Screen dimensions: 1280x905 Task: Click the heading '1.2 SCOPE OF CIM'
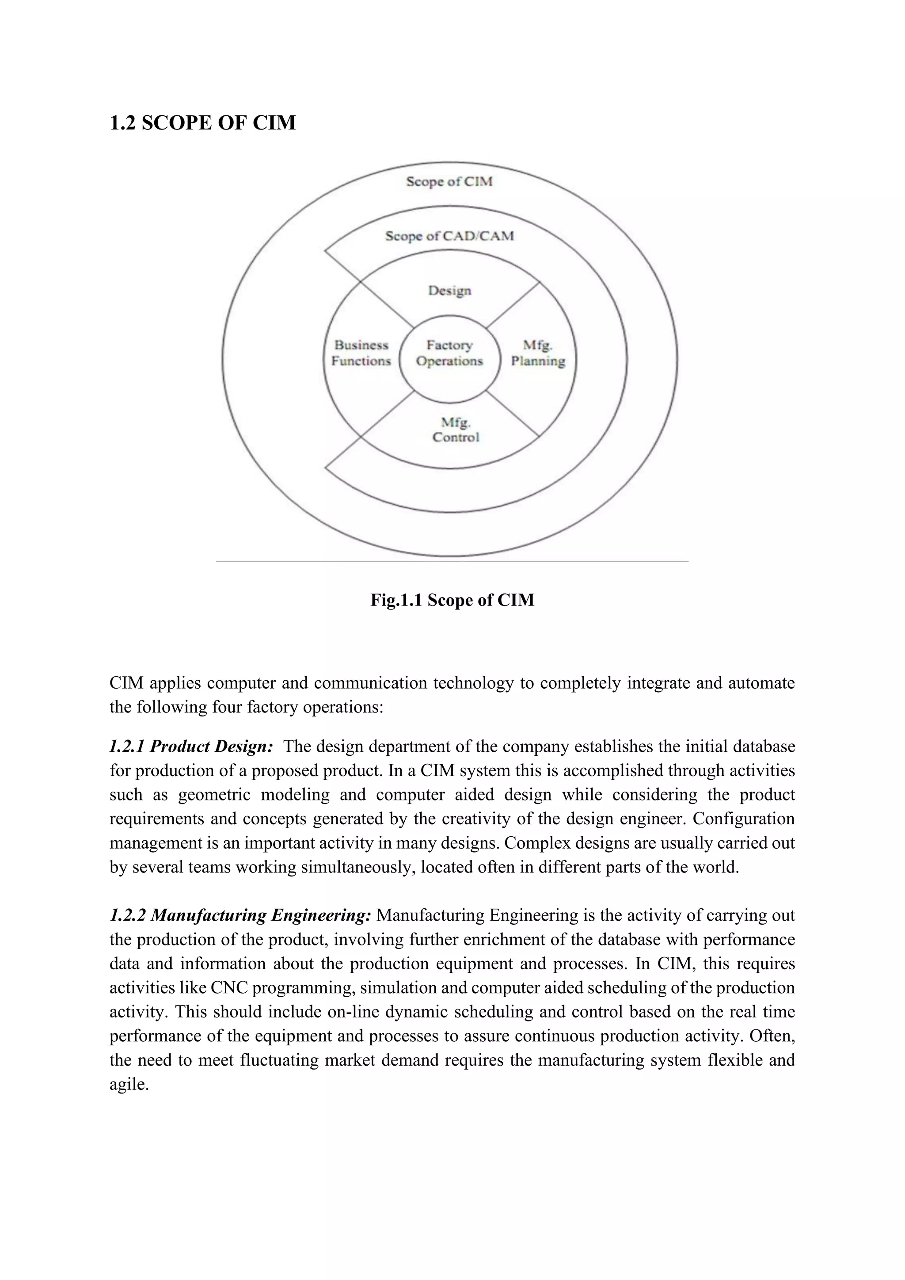click(x=202, y=122)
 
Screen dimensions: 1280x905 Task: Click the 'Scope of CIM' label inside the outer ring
click(x=449, y=181)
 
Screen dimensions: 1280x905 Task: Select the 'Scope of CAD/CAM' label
click(x=449, y=236)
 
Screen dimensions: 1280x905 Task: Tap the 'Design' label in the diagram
click(x=449, y=290)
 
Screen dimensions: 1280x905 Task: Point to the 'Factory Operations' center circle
click(x=449, y=354)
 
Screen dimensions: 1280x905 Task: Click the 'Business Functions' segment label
click(x=361, y=354)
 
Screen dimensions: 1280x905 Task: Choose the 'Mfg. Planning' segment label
click(x=538, y=354)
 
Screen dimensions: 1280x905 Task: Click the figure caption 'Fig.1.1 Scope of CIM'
click(x=452, y=600)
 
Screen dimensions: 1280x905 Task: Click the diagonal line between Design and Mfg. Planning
click(x=513, y=305)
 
